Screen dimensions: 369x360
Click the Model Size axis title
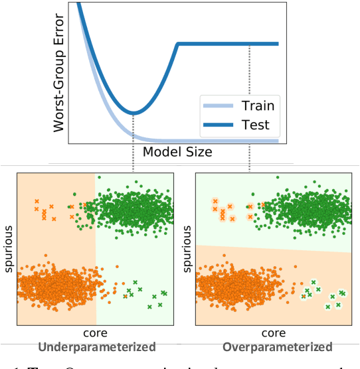click(177, 152)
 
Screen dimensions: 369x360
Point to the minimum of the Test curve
click(134, 112)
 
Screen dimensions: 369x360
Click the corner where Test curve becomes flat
click(178, 44)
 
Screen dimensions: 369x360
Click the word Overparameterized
click(278, 347)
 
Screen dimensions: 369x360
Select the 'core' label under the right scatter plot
click(273, 332)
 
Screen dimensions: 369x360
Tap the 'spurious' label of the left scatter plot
click(8, 249)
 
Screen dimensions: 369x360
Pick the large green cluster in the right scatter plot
click(309, 212)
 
